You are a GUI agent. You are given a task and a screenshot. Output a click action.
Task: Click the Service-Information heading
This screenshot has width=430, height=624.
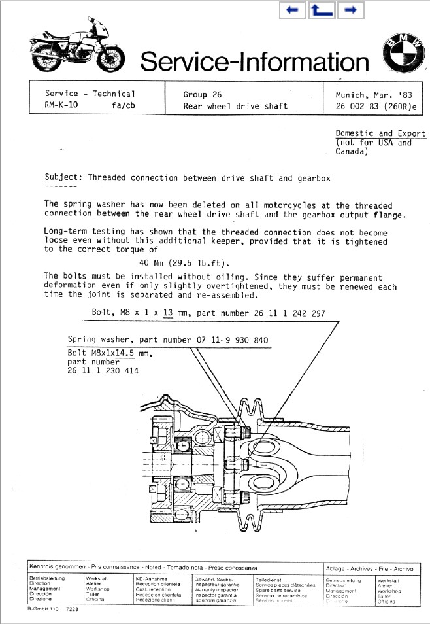coord(255,61)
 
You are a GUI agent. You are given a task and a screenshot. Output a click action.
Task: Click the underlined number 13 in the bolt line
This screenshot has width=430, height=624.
coord(167,313)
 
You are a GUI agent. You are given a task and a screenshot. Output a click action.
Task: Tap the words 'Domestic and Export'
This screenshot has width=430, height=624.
coord(380,133)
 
